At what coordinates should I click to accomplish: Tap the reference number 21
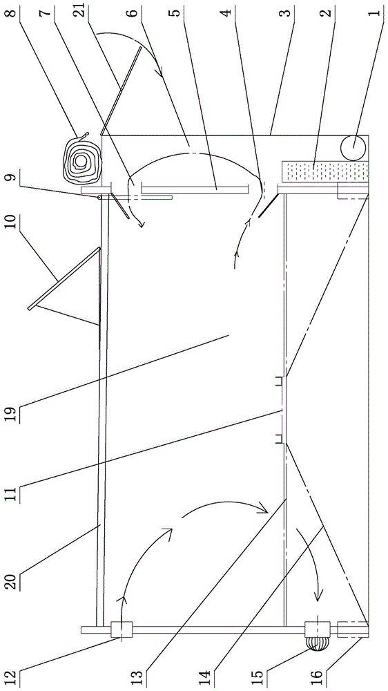80,10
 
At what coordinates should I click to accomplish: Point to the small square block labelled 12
121,629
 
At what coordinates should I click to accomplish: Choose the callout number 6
135,9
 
